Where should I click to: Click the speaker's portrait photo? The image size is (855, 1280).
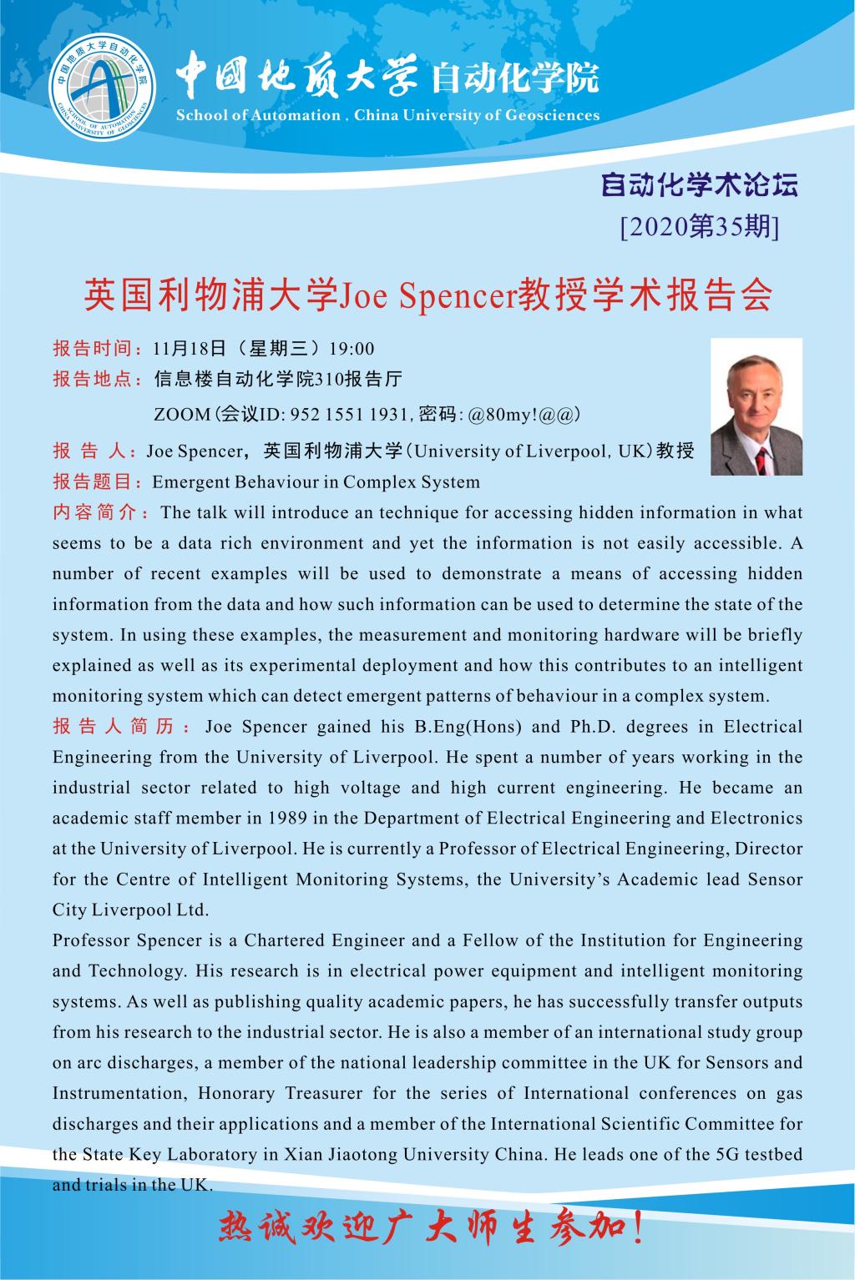pos(756,406)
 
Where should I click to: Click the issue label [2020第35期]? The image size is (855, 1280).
pos(699,226)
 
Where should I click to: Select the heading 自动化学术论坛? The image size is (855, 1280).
pos(700,185)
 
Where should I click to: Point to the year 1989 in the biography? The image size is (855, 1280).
pos(289,818)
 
